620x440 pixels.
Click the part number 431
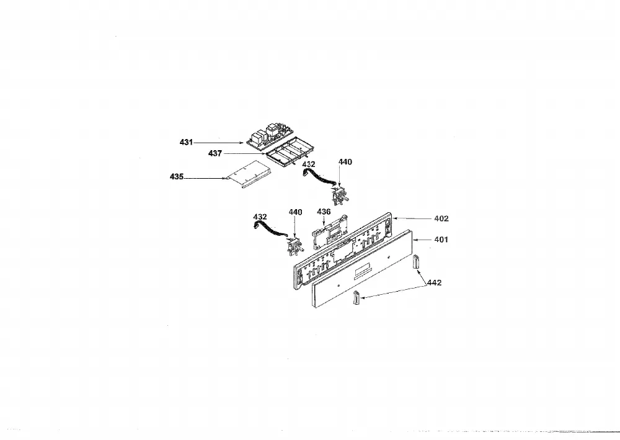point(186,142)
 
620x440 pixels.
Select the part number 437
point(215,153)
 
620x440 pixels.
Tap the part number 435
point(177,176)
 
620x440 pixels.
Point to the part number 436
point(324,212)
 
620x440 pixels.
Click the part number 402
point(441,218)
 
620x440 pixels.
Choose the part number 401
point(441,240)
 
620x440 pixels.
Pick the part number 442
point(435,282)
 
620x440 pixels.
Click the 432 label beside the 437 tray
point(309,164)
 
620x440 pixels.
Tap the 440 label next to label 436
point(295,212)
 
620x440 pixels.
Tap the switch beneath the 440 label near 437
point(339,196)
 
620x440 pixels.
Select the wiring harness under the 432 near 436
point(270,230)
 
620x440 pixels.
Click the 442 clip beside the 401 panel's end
point(415,263)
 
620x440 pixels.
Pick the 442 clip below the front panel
point(356,297)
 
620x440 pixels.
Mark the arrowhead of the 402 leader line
point(393,218)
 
